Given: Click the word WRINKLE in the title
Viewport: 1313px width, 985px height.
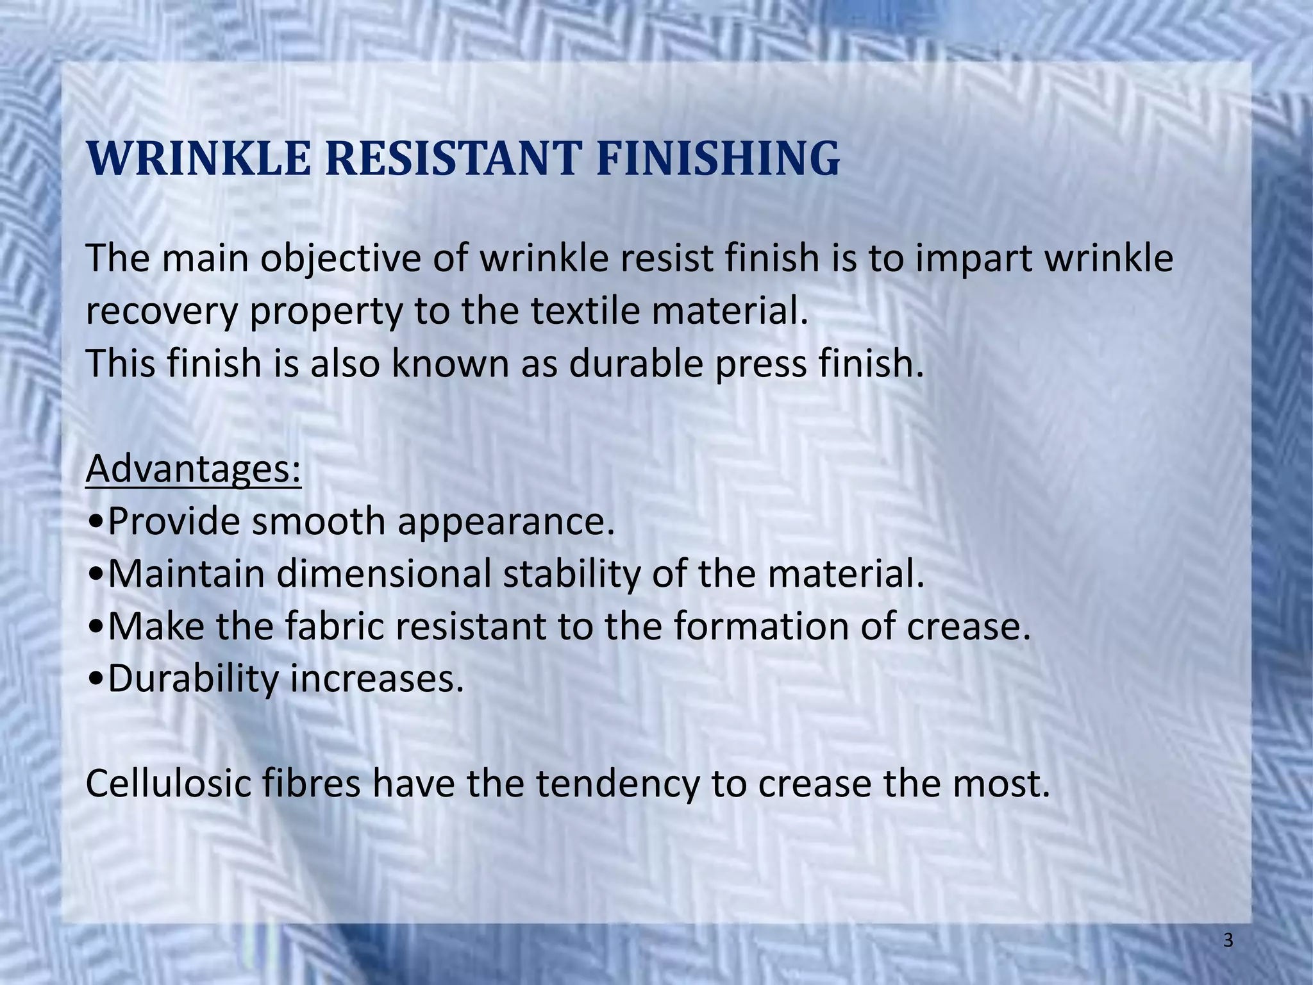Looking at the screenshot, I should click(198, 158).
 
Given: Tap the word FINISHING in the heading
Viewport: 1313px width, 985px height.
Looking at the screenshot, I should click(717, 158).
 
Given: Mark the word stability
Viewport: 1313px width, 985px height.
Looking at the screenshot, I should click(571, 575).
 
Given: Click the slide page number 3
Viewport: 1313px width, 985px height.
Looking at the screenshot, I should click(1228, 941).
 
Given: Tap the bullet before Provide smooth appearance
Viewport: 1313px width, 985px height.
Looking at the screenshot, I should click(96, 523).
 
